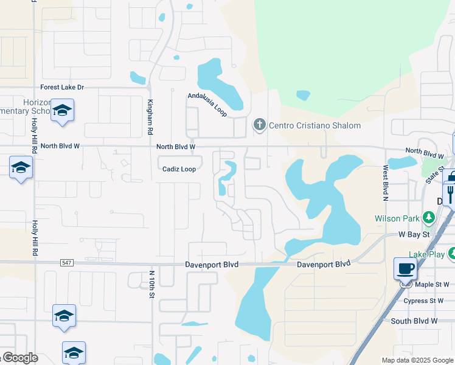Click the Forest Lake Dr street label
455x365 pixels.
tap(62, 88)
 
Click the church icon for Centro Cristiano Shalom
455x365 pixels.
tap(259, 125)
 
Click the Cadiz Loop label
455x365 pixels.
tap(179, 169)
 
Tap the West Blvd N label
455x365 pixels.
tap(385, 182)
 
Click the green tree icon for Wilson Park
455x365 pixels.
tap(429, 217)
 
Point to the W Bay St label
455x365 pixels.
tap(414, 234)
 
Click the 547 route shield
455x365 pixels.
tap(66, 263)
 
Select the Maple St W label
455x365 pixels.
tap(432, 284)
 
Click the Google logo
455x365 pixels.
tap(20, 358)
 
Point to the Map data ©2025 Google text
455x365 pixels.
tap(417, 360)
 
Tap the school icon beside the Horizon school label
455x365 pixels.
tap(61, 111)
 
